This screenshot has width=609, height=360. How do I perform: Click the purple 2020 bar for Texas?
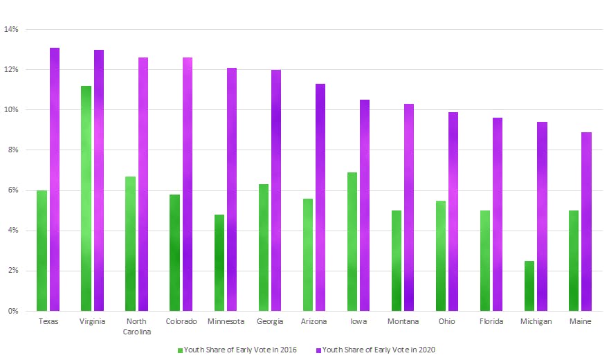[x=55, y=179]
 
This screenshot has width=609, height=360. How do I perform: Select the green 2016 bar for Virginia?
[x=86, y=198]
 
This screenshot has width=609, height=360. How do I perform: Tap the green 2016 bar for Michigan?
[x=529, y=285]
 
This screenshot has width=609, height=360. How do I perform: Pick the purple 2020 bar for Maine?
[x=586, y=222]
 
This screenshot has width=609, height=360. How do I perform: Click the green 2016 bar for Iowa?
[x=352, y=242]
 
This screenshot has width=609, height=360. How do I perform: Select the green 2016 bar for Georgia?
[x=263, y=247]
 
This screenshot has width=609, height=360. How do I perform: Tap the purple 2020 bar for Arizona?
[x=320, y=197]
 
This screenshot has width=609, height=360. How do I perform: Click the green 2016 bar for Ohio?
[x=440, y=255]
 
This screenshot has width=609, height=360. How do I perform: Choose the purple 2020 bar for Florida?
[x=498, y=214]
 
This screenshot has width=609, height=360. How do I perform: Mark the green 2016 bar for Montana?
[x=396, y=260]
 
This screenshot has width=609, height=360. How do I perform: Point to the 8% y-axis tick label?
[x=12, y=150]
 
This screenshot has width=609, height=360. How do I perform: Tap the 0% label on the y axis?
[x=12, y=311]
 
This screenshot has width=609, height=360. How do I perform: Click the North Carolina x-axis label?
[x=137, y=326]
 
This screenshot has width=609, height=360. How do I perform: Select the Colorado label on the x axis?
[x=181, y=321]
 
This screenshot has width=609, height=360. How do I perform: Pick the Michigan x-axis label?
[x=536, y=321]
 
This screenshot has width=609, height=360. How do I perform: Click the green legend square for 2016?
[x=180, y=350]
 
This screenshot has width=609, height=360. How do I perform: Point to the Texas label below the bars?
[x=48, y=321]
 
